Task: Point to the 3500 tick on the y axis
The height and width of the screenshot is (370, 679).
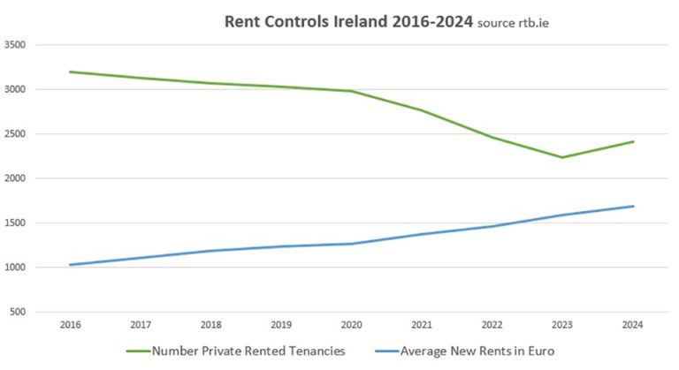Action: point(15,44)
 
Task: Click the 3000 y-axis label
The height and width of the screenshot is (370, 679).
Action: point(15,89)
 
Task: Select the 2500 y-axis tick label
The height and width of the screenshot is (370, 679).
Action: point(15,134)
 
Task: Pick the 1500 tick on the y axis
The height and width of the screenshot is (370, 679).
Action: point(15,223)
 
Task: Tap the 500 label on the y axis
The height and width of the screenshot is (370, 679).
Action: point(18,313)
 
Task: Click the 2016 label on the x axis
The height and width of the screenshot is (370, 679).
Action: point(70,326)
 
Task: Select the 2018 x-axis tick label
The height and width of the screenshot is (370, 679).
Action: point(210,326)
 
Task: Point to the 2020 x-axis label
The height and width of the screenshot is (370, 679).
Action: point(351,326)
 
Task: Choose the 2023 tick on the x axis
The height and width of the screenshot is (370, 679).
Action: point(562,326)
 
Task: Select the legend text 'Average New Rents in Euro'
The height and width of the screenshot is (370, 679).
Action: point(477,351)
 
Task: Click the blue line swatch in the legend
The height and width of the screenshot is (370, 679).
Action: point(381,351)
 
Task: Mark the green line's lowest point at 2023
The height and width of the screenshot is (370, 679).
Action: point(562,157)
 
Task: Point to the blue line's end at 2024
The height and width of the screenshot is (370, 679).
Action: point(633,207)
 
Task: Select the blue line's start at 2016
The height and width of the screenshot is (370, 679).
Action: point(70,265)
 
